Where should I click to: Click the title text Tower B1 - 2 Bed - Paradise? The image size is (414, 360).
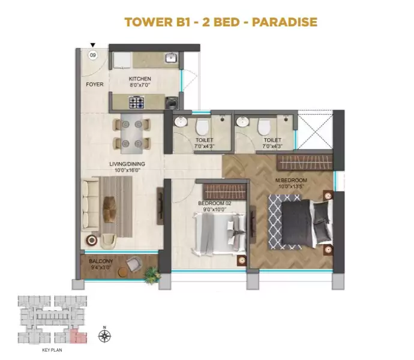click(x=220, y=22)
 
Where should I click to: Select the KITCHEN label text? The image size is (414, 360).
click(x=140, y=79)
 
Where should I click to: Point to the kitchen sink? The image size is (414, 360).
click(x=171, y=58)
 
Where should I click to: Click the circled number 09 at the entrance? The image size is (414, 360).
click(x=92, y=55)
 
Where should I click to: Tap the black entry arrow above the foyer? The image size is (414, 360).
click(x=92, y=45)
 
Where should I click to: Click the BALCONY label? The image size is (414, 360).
click(x=100, y=262)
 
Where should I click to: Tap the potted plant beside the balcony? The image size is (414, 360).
click(x=152, y=275)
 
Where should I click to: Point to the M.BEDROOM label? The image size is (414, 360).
click(x=291, y=180)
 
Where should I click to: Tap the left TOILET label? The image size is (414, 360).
click(x=203, y=140)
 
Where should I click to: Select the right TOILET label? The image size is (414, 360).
click(x=265, y=140)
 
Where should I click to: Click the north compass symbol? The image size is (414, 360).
click(x=105, y=336)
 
